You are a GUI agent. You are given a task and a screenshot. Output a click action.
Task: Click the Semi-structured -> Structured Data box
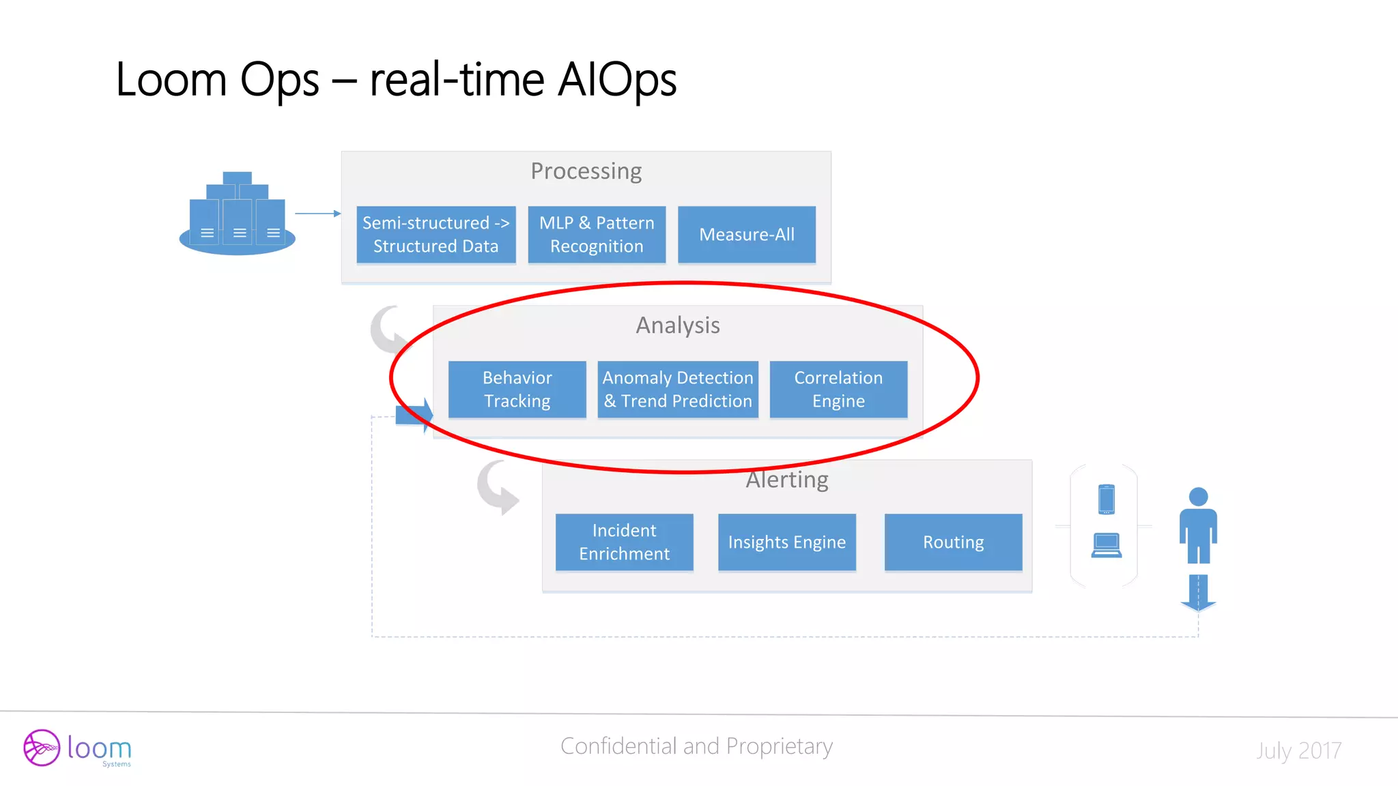[436, 235]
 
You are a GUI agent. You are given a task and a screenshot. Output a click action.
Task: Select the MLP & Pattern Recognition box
[597, 235]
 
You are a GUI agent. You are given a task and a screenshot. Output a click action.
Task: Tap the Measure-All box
[746, 235]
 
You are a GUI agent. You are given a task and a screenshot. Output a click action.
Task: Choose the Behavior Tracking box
[517, 390]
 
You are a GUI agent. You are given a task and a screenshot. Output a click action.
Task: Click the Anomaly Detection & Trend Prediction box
[678, 390]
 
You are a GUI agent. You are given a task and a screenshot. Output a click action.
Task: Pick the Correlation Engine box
[838, 390]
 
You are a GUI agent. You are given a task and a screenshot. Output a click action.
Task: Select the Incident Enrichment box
[624, 542]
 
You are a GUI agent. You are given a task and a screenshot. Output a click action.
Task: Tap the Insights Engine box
[786, 542]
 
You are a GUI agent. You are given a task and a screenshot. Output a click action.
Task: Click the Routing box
[953, 542]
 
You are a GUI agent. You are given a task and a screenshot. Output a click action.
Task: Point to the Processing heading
[586, 171]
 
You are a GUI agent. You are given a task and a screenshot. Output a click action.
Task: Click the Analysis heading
[678, 325]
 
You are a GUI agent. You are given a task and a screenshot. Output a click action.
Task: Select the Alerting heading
[787, 480]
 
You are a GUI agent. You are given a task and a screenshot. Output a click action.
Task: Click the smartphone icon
[1107, 499]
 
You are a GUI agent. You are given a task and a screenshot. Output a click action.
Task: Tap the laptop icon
[1107, 545]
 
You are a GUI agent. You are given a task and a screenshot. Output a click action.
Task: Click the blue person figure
[1198, 526]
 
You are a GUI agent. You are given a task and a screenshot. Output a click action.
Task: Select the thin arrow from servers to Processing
[317, 214]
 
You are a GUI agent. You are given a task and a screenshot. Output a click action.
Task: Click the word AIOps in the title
[617, 80]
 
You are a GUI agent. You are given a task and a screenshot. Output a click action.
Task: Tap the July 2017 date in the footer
[1298, 751]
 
